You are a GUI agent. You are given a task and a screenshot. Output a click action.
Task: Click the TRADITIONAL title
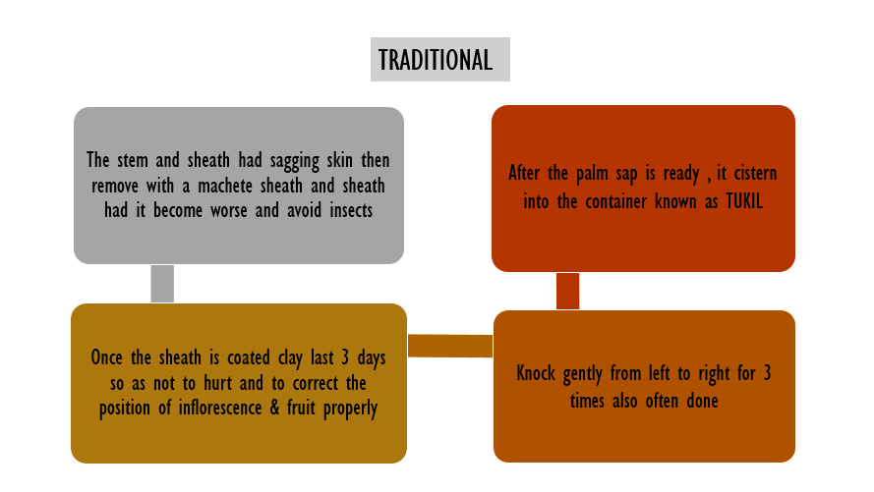[x=436, y=60]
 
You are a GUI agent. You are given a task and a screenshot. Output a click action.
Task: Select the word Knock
[x=539, y=374]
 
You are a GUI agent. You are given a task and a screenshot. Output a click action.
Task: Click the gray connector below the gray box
[x=162, y=283]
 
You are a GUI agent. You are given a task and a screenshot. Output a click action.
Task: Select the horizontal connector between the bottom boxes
[x=449, y=346]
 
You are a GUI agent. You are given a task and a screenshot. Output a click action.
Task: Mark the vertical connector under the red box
[x=567, y=291]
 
